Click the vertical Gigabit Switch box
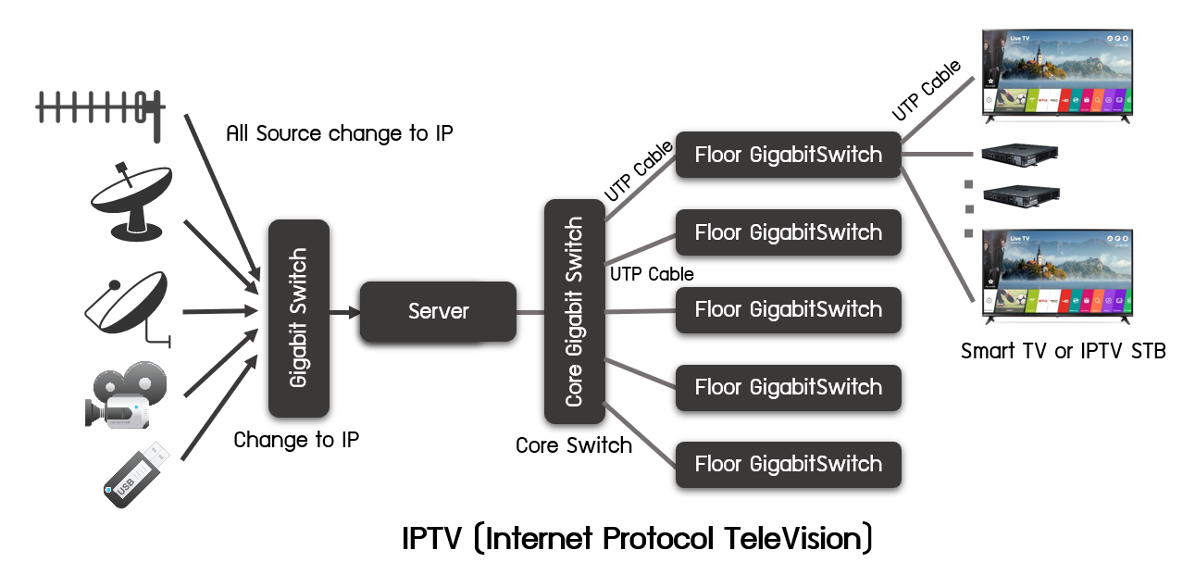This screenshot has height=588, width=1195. click(299, 318)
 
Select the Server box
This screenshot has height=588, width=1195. click(437, 312)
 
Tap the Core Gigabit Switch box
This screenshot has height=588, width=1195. click(574, 311)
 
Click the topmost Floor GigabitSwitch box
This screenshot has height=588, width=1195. click(788, 155)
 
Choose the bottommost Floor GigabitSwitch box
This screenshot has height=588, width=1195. click(788, 464)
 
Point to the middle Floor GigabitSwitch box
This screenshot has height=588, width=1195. click(788, 309)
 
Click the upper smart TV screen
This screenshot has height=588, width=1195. click(1057, 71)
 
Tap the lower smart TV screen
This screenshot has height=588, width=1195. click(1057, 271)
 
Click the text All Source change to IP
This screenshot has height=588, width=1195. click(340, 133)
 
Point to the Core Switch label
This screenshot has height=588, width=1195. click(574, 445)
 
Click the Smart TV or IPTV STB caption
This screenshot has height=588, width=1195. click(1063, 351)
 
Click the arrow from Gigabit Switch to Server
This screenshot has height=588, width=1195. click(344, 313)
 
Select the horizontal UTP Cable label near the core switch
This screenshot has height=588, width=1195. click(652, 274)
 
